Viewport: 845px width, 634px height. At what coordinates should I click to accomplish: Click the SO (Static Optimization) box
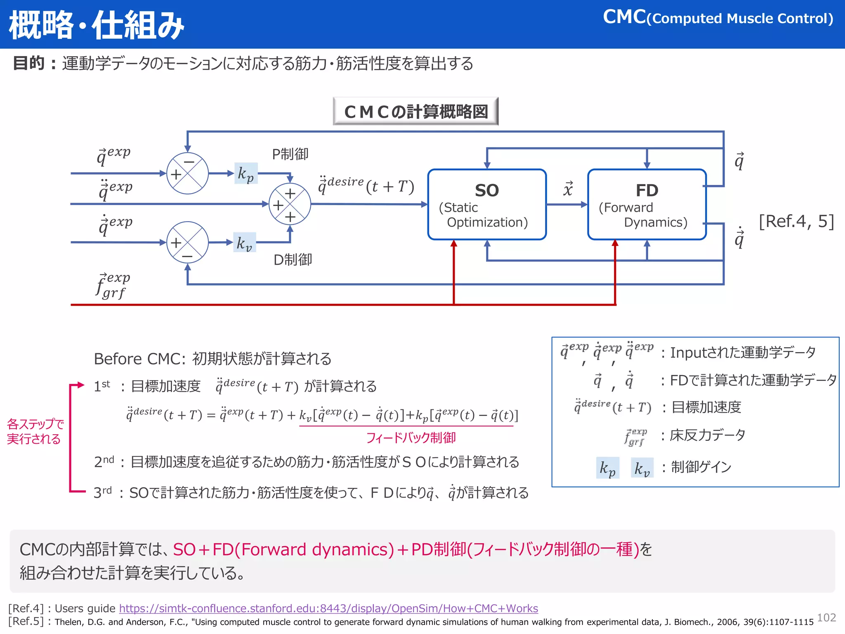click(487, 204)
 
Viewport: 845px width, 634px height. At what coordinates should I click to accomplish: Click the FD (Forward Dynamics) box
click(647, 204)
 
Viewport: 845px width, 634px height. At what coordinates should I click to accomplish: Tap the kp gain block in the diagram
click(246, 173)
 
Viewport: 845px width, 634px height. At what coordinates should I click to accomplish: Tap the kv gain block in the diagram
click(244, 243)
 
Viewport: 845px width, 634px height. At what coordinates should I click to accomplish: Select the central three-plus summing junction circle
click(290, 204)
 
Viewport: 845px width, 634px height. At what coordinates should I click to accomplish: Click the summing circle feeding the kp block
click(187, 173)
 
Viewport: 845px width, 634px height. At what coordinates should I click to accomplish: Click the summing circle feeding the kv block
click(187, 242)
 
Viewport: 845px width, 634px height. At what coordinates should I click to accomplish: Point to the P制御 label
click(290, 154)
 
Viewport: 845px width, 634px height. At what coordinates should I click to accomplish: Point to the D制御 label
click(293, 260)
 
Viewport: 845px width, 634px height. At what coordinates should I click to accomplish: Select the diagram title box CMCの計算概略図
click(415, 111)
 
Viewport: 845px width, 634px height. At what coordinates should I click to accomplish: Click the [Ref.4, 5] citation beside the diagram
click(796, 221)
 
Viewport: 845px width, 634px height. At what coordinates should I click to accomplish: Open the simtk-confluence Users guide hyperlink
click(328, 608)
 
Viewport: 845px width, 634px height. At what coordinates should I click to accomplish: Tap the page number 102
click(826, 617)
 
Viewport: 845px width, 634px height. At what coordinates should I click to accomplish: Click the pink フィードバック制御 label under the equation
click(411, 438)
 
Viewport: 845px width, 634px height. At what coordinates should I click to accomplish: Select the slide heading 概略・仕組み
click(97, 25)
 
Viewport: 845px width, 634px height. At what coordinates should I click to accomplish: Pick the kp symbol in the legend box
click(607, 468)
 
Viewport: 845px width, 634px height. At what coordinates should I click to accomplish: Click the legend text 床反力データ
click(708, 435)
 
